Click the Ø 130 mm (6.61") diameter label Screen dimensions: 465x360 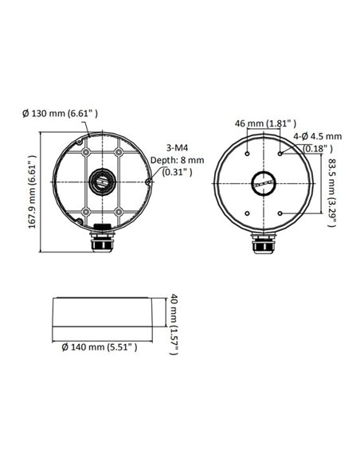(x=60, y=114)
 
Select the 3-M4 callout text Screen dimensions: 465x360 (x=178, y=147)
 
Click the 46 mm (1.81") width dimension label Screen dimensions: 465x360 (x=266, y=123)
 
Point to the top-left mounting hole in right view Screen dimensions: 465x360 (x=248, y=153)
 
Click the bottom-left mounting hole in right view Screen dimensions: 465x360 (x=248, y=213)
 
